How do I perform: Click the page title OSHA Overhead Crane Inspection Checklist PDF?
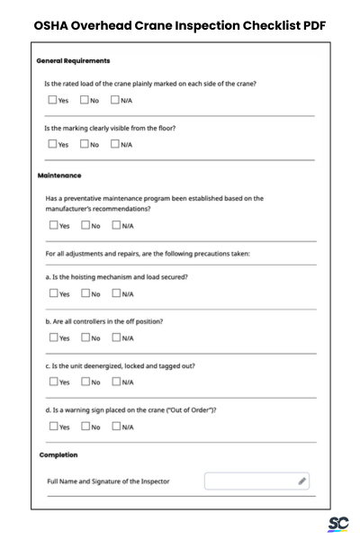click(x=180, y=26)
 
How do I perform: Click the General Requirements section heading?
click(x=73, y=61)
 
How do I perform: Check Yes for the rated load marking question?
click(x=53, y=100)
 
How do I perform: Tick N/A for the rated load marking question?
click(x=116, y=100)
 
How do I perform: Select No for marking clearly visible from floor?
click(x=85, y=144)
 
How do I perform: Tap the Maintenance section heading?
click(x=60, y=175)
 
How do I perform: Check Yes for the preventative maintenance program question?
click(x=53, y=226)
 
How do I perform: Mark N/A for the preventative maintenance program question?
click(x=116, y=226)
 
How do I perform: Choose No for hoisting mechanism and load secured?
click(x=85, y=293)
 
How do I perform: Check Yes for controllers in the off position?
click(x=53, y=337)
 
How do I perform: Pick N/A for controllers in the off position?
click(x=116, y=337)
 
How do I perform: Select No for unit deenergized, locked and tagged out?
click(x=85, y=382)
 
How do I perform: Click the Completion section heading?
click(x=58, y=455)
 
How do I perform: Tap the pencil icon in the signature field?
click(x=302, y=481)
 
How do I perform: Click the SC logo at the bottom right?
click(x=338, y=524)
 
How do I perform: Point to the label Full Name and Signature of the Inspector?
click(x=108, y=481)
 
